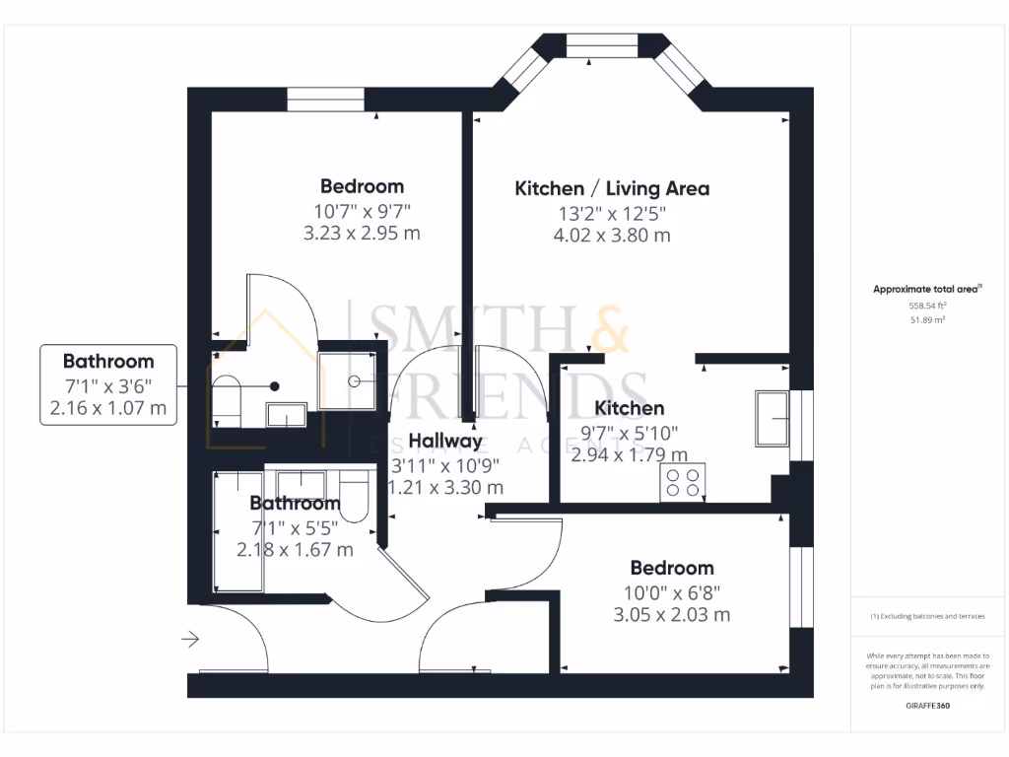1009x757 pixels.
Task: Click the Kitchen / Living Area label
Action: click(x=612, y=188)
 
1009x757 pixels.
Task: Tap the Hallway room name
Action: click(x=445, y=441)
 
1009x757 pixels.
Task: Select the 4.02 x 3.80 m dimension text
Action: click(x=612, y=236)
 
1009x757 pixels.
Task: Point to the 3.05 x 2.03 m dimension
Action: click(x=672, y=615)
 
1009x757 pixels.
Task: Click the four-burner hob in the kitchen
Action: click(x=682, y=481)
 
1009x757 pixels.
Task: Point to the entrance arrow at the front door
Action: click(x=190, y=640)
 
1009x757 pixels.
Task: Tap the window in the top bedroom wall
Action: click(x=325, y=101)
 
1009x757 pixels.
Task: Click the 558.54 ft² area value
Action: click(x=926, y=307)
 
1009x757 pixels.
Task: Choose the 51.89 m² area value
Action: click(x=926, y=320)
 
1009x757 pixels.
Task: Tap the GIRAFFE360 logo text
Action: click(x=926, y=706)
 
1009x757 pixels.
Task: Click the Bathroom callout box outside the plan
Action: click(x=108, y=384)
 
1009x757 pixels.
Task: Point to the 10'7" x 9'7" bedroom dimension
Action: click(x=362, y=211)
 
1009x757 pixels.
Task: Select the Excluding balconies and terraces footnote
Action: click(x=926, y=616)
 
